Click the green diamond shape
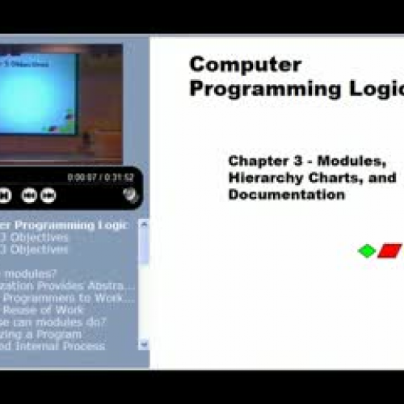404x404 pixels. (x=367, y=250)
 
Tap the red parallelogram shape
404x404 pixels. (x=390, y=250)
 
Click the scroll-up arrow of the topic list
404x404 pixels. (x=144, y=224)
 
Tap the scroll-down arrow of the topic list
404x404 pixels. (x=144, y=343)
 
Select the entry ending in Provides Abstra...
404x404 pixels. (x=69, y=285)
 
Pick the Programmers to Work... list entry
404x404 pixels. (x=69, y=297)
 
